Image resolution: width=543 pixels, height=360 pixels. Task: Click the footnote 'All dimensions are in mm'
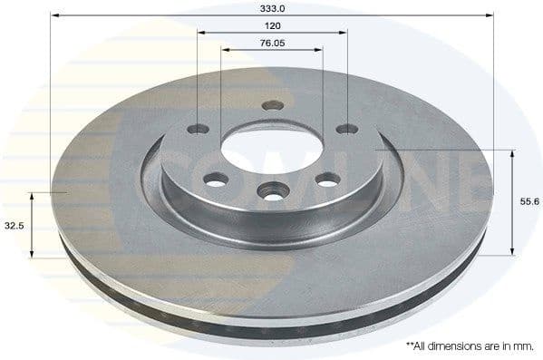coord(470,346)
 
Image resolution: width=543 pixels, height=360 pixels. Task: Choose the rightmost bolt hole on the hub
coord(346,128)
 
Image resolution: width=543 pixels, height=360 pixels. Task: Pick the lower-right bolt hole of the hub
coord(325,180)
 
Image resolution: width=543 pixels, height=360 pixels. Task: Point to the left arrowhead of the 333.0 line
coord(53,15)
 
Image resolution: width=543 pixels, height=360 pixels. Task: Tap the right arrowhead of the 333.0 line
coord(490,15)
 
